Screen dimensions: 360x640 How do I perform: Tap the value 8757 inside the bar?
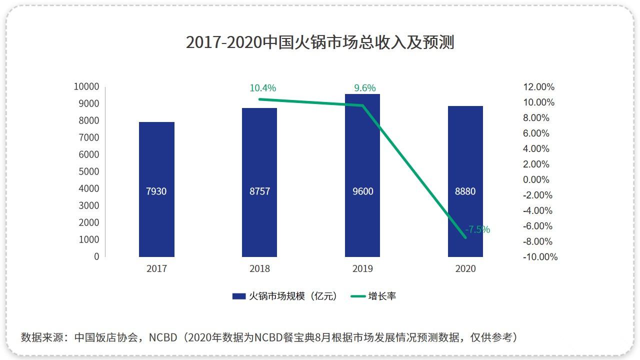coord(259,191)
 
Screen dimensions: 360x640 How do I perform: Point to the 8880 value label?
coord(465,191)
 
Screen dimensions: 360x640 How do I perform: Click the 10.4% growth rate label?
coord(262,88)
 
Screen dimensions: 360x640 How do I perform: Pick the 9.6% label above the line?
coord(365,88)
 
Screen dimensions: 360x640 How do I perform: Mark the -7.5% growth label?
coord(477,230)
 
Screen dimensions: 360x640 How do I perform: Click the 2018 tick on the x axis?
coord(259,269)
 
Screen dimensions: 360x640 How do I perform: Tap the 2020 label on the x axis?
coord(465,269)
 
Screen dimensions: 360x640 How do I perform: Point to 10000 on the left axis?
coord(86,87)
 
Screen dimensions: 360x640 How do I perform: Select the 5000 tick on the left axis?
coord(89,171)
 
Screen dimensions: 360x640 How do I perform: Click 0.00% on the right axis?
coord(536,180)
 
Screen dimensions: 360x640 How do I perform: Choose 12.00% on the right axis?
coord(538,87)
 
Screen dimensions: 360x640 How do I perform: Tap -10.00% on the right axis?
coord(540,257)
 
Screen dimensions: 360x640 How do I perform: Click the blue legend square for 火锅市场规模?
coord(239,296)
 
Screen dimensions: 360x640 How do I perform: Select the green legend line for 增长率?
coord(358,296)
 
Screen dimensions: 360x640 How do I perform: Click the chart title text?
coord(320,42)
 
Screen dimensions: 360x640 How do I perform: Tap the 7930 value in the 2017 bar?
coord(156,191)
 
